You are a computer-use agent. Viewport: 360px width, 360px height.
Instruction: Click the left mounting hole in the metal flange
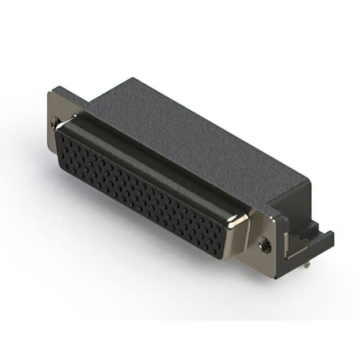click(x=55, y=121)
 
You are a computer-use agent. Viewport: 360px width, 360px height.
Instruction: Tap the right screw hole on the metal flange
click(x=265, y=243)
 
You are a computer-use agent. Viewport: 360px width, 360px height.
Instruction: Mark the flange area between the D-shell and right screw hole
click(x=250, y=236)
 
